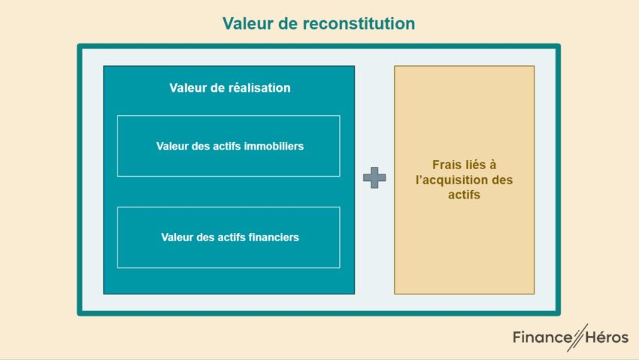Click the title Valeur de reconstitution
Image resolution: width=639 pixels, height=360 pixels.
coord(319,24)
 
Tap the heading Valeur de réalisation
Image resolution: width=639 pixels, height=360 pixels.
coord(229,88)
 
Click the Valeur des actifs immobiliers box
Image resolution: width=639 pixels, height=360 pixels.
coord(229,146)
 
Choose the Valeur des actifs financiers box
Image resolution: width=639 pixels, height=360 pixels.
coord(229,237)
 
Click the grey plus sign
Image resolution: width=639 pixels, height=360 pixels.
coord(374,178)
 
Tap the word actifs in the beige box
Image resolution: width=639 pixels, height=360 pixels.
coord(464,195)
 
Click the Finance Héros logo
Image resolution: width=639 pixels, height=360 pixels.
coord(570,337)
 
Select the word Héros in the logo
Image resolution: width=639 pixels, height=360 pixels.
coord(607,337)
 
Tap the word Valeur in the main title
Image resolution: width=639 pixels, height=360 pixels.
coord(247,24)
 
